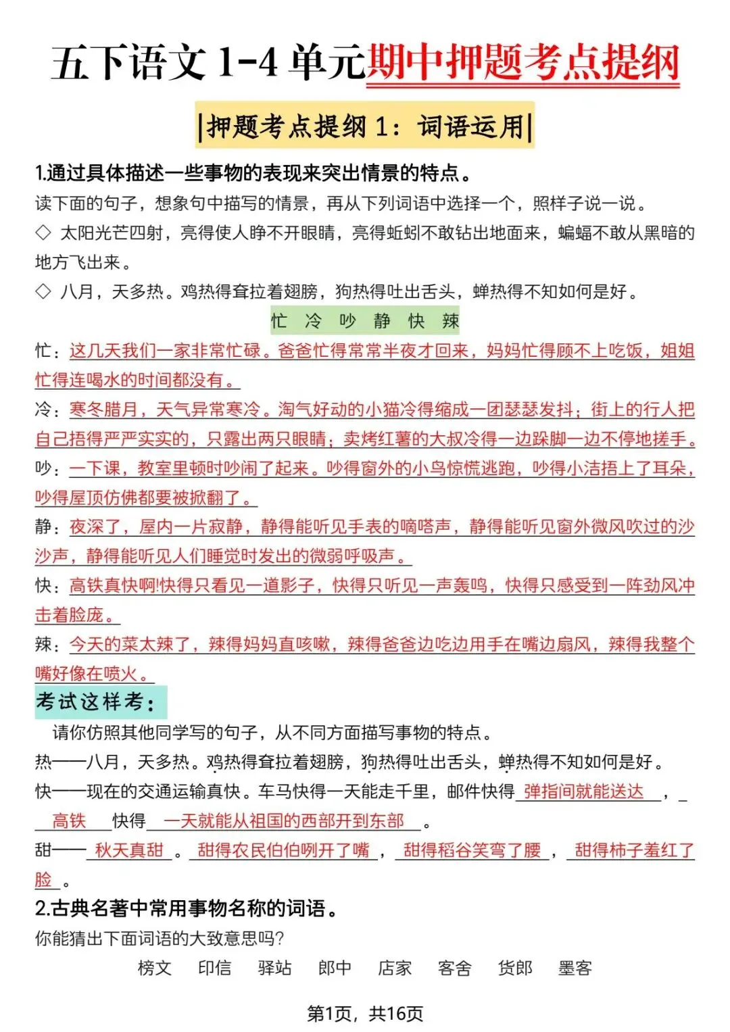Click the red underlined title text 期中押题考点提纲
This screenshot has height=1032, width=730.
pos(522,63)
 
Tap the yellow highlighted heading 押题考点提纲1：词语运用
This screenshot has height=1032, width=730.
pos(365,126)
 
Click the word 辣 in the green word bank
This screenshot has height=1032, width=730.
pos(451,320)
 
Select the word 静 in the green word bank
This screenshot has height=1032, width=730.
pos(382,320)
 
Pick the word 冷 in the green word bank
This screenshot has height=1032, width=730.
pos(313,320)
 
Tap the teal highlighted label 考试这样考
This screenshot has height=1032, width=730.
pos(95,702)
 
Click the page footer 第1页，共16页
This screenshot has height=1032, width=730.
pos(365,1013)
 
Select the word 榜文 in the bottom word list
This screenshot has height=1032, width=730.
pos(155,968)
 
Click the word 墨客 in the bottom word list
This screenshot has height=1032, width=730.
pos(575,968)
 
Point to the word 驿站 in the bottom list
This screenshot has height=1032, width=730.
pos(274,968)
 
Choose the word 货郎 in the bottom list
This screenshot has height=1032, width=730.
pos(515,968)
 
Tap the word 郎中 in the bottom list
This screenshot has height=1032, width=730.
pos(335,968)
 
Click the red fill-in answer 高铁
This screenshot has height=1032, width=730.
pos(70,820)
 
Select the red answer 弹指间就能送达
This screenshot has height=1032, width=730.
pos(584,791)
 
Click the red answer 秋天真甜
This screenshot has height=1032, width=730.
pos(129,850)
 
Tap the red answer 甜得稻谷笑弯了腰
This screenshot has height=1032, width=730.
pos(472,850)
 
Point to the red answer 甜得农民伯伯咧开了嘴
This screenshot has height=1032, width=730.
pos(284,850)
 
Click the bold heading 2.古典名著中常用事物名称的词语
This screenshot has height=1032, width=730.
pos(187,908)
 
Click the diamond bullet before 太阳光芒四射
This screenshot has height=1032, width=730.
pos(43,232)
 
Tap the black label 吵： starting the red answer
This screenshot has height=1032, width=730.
pos(47,468)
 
